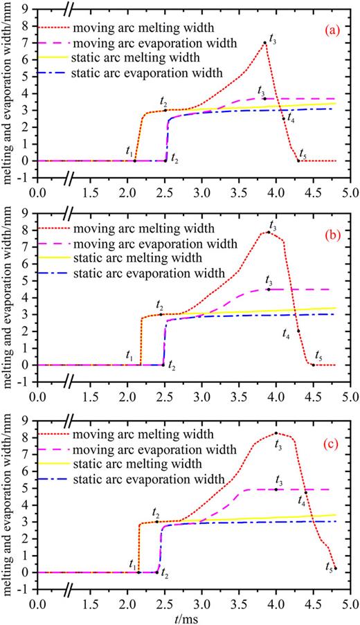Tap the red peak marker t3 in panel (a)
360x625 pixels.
264,43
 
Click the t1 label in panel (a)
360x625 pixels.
129,150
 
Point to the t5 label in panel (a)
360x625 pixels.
303,152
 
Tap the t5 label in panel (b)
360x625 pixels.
319,356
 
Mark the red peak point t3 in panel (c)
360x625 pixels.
276,433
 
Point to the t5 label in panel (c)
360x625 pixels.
328,566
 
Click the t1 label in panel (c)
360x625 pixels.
132,564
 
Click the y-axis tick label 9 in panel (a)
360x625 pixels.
29,9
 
